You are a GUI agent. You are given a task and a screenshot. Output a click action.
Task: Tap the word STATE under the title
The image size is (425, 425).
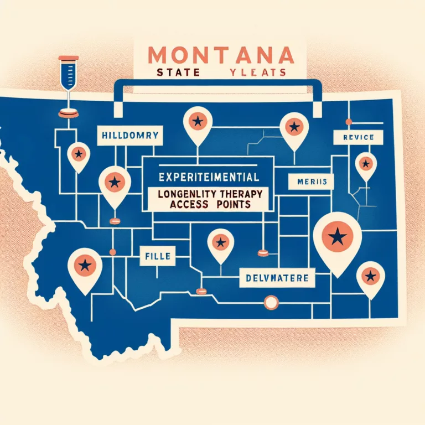[x=172, y=72]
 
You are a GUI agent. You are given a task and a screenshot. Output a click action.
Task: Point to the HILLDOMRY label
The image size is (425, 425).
[x=128, y=134]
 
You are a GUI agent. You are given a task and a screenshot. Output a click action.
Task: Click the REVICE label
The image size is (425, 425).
[x=354, y=137]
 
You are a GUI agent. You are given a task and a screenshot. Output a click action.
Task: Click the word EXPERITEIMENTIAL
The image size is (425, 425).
[x=208, y=179]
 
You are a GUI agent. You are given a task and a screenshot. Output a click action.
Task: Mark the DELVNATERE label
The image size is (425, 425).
[x=276, y=277]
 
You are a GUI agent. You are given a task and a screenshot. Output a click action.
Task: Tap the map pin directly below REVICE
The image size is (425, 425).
[x=366, y=164]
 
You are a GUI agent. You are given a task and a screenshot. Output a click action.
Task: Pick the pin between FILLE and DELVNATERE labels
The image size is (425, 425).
[x=220, y=242]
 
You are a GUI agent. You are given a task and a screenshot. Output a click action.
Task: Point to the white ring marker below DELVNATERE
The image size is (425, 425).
[x=271, y=302]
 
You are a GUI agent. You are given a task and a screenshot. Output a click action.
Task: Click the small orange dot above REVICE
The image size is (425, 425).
[x=348, y=122]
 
